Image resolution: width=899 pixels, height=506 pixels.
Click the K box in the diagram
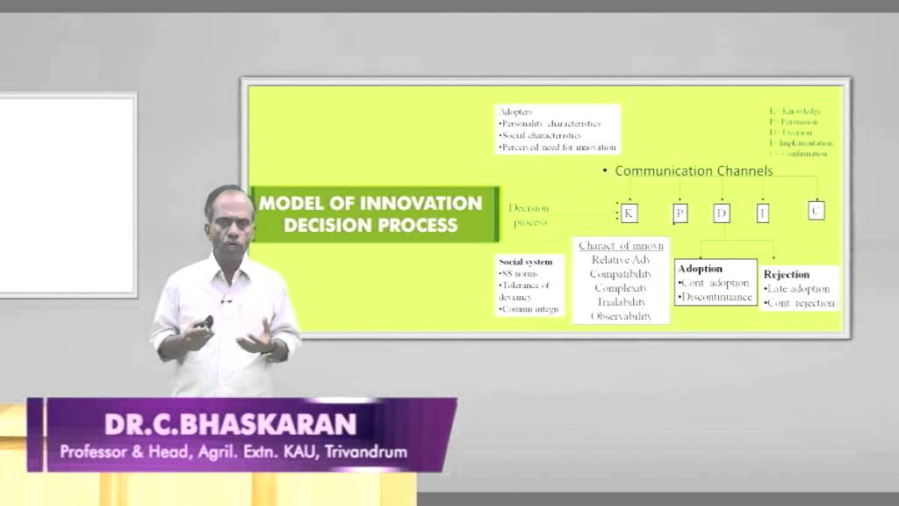629,213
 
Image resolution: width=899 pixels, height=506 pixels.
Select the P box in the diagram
680,213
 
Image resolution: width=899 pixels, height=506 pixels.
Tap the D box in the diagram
722,213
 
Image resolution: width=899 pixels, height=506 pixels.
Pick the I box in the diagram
763,212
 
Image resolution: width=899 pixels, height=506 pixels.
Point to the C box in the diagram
816,210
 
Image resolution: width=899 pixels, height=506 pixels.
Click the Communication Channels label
694,170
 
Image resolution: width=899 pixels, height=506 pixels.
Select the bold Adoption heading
700,268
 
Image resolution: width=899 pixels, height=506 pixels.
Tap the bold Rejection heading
786,274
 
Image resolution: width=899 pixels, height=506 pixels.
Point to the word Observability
622,316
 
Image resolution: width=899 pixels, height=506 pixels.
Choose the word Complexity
622,288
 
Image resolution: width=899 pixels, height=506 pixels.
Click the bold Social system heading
526,262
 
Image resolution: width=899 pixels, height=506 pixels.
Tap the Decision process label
529,215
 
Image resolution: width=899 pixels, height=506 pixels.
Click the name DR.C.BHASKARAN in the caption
231,424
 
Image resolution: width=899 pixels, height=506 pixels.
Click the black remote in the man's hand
206,322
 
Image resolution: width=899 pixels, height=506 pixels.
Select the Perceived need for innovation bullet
557,148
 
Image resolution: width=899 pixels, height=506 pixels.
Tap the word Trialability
622,302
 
